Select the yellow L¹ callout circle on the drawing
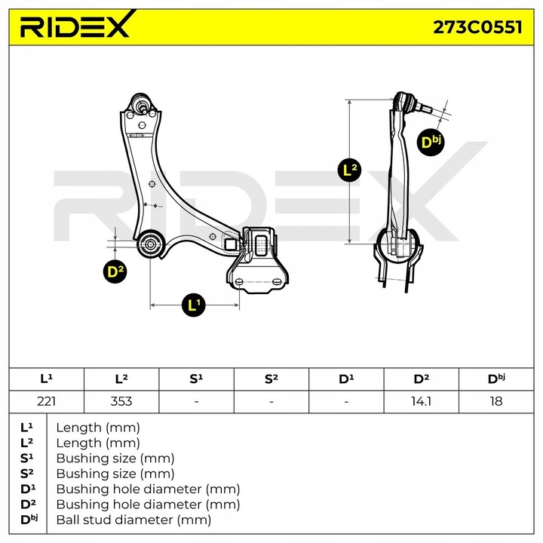[x=194, y=305]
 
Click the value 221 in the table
[x=45, y=401]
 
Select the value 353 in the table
[x=121, y=401]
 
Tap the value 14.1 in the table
[x=421, y=401]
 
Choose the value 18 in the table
[x=495, y=401]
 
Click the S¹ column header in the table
[x=196, y=379]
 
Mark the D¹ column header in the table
[x=346, y=379]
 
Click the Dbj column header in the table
[x=495, y=379]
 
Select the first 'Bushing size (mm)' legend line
[x=115, y=458]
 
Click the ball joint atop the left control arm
[x=140, y=103]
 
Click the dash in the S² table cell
[x=271, y=401]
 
